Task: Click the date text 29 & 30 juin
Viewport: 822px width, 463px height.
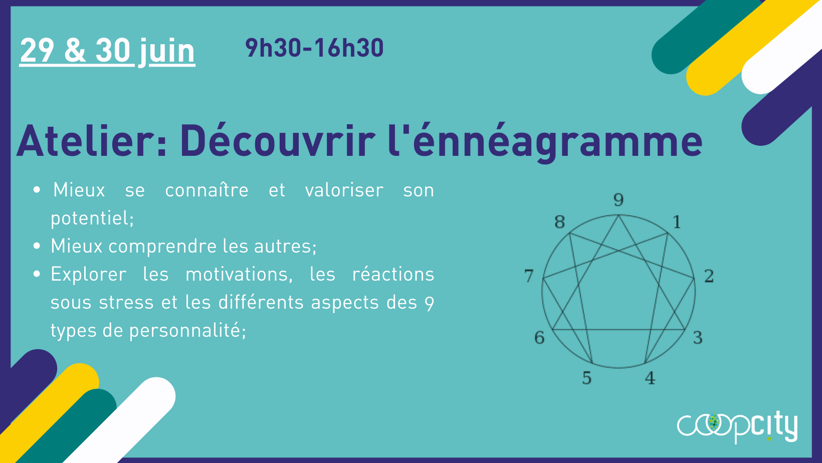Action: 107,51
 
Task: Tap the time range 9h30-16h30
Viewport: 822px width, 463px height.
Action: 314,48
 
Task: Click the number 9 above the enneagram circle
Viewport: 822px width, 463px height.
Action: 619,200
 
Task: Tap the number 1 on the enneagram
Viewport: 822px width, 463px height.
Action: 677,221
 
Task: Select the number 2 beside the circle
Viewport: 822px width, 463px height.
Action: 709,276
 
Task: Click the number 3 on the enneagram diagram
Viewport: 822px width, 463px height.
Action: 698,337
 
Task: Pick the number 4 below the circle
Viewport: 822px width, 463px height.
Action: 650,378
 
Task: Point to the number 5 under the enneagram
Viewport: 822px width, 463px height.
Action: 586,378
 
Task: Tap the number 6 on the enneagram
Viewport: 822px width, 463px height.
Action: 539,337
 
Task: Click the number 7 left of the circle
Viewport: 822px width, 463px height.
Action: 529,276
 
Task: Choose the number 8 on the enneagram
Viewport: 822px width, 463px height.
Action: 559,221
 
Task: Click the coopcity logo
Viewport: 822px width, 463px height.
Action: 737,426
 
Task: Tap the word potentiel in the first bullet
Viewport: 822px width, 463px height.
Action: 91,218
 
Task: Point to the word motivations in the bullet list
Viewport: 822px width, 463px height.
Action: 238,275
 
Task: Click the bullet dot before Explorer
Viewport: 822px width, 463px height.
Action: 37,274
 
